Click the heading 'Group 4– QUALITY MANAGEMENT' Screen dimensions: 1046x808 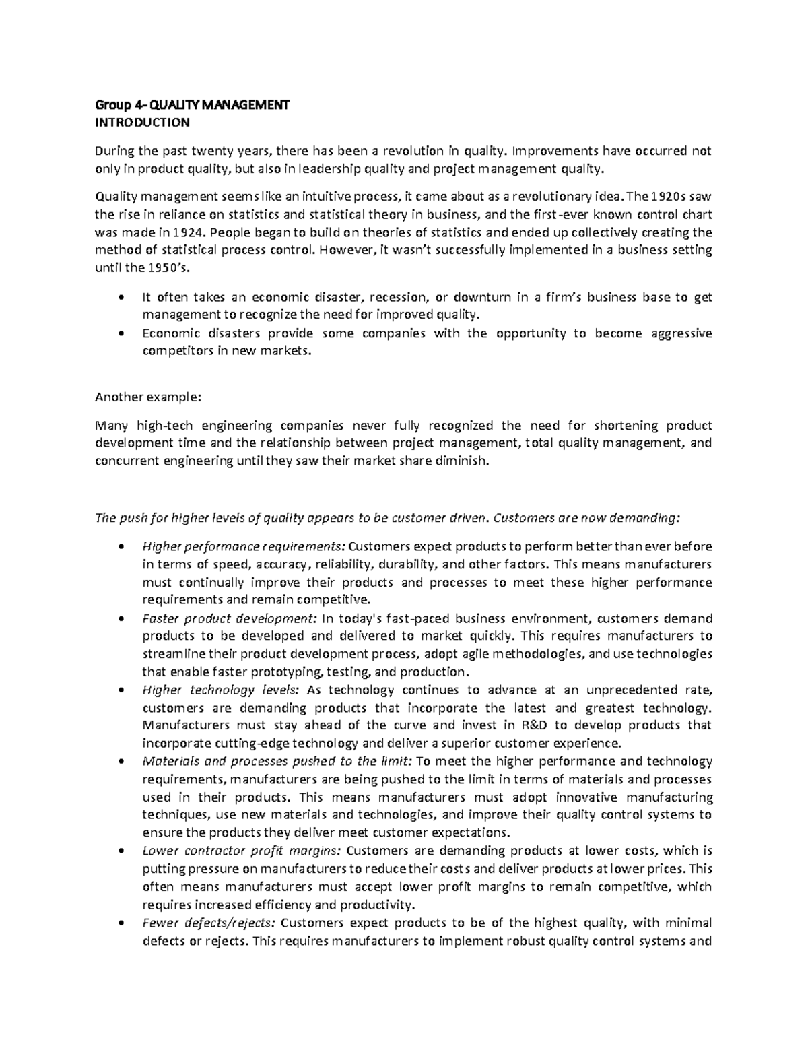click(193, 105)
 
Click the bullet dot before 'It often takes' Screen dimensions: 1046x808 click(121, 298)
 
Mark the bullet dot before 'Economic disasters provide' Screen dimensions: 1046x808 click(121, 334)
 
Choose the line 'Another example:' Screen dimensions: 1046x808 click(148, 397)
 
